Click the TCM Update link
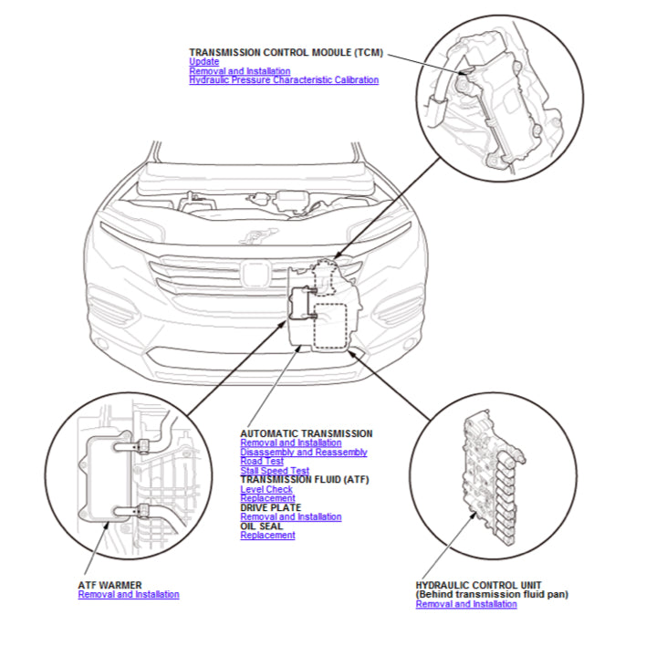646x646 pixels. (x=203, y=62)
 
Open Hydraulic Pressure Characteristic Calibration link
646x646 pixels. (x=283, y=80)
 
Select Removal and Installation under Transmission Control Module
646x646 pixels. (x=239, y=71)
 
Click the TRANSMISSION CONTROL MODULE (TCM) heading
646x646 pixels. (x=287, y=53)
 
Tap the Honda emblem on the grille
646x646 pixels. (x=253, y=273)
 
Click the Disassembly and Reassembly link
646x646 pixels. (x=303, y=453)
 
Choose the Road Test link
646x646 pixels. (x=262, y=462)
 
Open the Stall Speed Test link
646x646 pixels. (x=275, y=471)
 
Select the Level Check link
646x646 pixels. (x=266, y=490)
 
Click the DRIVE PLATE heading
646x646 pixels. (x=270, y=507)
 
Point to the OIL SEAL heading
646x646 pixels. (x=261, y=526)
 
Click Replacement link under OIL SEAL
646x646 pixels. (x=267, y=536)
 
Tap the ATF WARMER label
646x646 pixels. (x=109, y=585)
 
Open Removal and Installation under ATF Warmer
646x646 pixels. (x=129, y=595)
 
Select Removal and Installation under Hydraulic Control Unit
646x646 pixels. (x=466, y=604)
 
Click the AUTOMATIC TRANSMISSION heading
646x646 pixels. (x=306, y=433)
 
